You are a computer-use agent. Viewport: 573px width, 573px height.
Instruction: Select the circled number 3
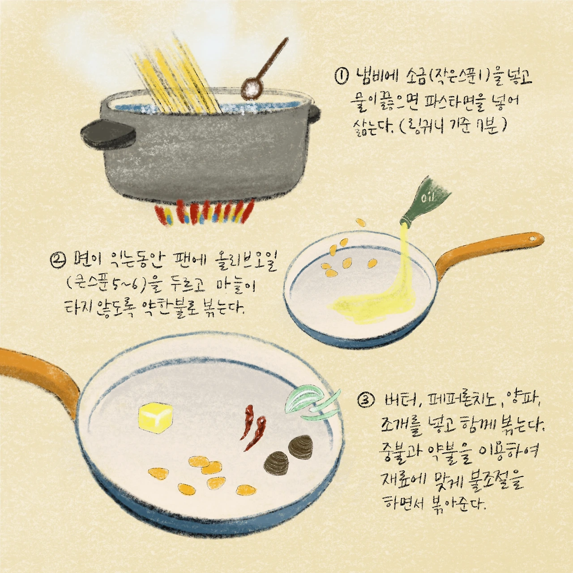point(364,402)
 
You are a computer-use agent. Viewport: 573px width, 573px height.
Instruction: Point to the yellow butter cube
point(155,418)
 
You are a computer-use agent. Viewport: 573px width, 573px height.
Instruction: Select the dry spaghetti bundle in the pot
point(178,74)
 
